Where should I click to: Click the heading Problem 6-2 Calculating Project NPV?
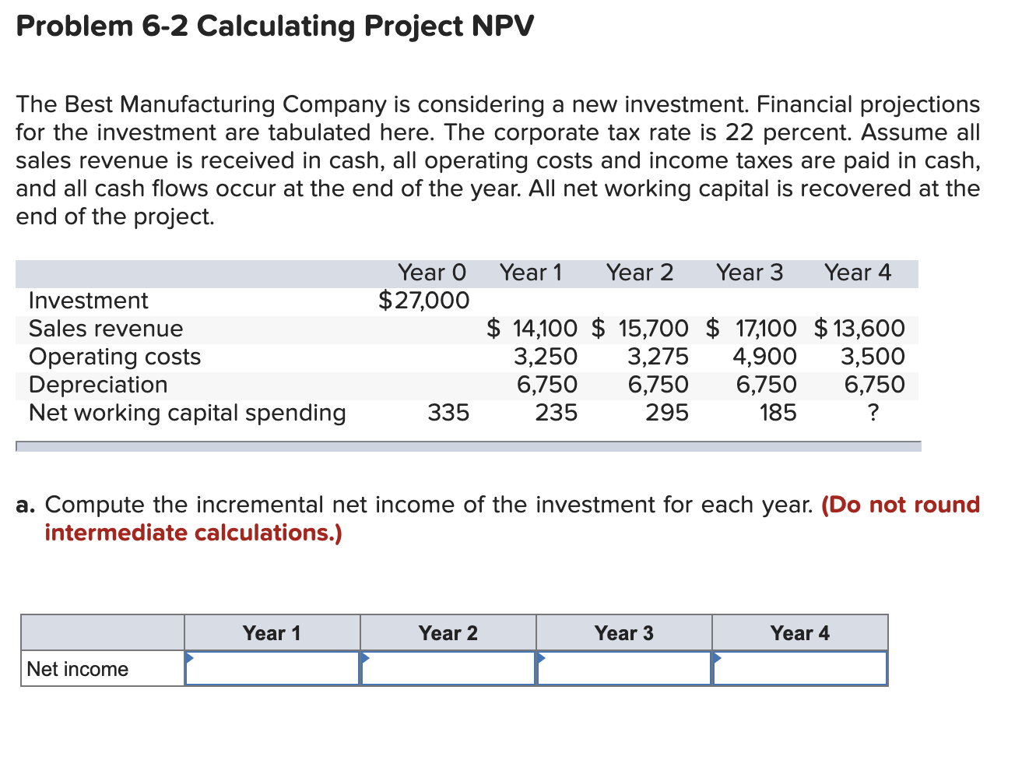click(275, 26)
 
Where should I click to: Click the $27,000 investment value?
click(424, 301)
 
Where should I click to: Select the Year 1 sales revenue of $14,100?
click(532, 329)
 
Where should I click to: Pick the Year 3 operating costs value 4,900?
click(764, 357)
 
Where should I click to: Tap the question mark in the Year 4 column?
click(873, 413)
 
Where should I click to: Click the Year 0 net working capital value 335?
click(448, 413)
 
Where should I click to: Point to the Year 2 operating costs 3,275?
click(658, 357)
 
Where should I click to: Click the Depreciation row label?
click(98, 385)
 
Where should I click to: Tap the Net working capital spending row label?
click(187, 413)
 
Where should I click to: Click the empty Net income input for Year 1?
click(272, 669)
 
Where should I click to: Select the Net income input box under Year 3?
click(624, 669)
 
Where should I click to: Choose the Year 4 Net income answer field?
click(800, 669)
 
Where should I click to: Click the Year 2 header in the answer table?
click(448, 633)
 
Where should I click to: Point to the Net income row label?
click(78, 669)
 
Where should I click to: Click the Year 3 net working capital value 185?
click(778, 413)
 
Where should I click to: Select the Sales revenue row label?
click(106, 329)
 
